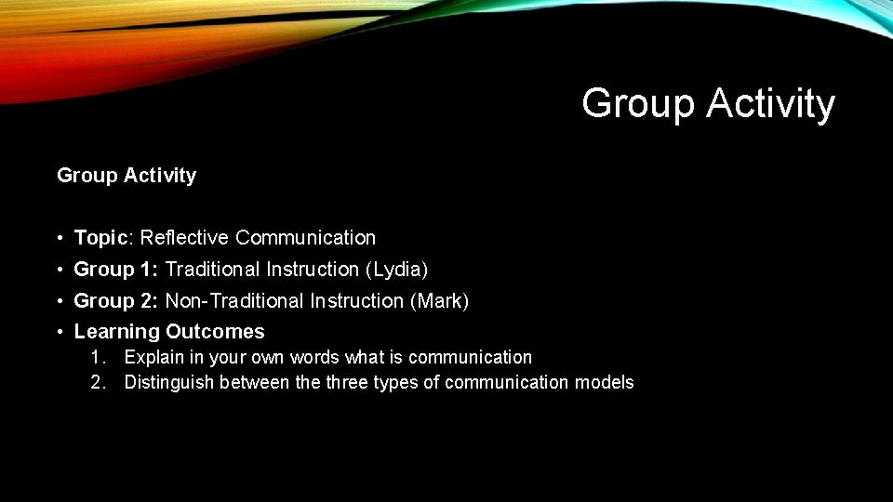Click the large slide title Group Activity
[708, 103]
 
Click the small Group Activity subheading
[127, 175]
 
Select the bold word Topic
[100, 238]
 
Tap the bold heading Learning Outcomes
[169, 332]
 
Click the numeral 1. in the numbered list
[98, 357]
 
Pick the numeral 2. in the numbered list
[98, 382]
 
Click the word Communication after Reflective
[305, 238]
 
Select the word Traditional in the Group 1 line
[213, 270]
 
